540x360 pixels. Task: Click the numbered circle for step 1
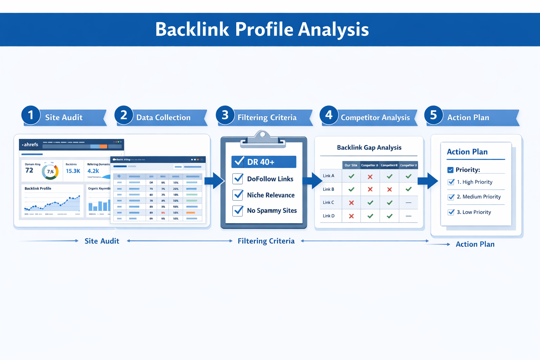point(31,115)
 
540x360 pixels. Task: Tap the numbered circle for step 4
point(329,115)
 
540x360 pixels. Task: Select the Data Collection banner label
point(163,118)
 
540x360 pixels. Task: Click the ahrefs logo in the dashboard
point(31,144)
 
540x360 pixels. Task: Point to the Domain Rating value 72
point(29,171)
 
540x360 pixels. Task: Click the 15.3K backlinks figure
point(73,171)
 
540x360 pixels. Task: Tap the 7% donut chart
point(50,172)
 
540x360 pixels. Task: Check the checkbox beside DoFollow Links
point(238,179)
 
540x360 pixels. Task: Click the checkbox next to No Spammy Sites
point(238,211)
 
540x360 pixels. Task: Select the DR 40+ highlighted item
point(264,162)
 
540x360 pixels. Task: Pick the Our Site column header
point(351,165)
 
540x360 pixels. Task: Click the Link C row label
point(328,202)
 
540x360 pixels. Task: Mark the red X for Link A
point(370,177)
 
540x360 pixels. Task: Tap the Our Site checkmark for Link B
point(351,189)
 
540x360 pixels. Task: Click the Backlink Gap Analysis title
point(369,148)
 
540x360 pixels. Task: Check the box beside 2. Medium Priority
point(451,197)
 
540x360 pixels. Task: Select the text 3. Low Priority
point(474,212)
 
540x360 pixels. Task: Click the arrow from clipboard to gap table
point(312,181)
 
